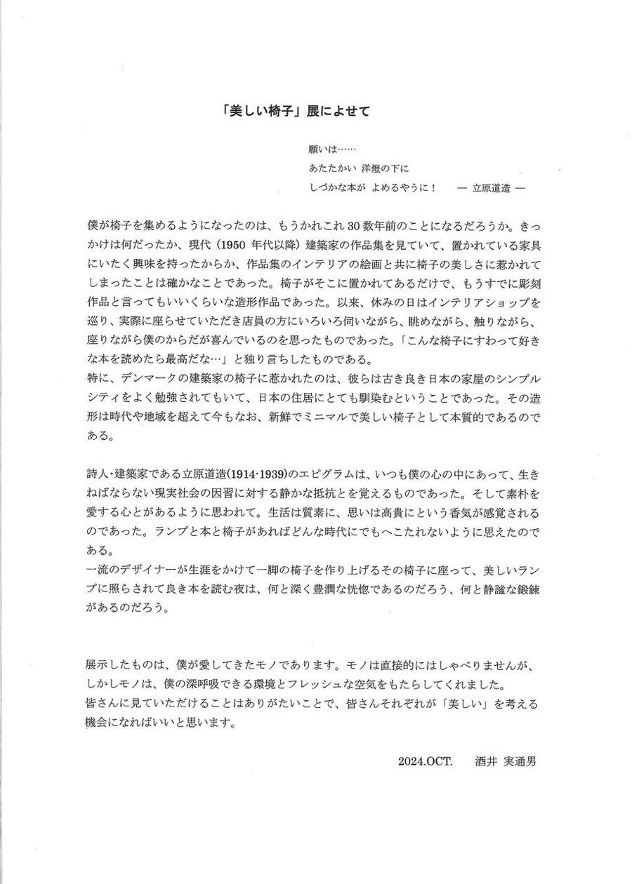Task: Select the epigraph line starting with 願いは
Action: [x=333, y=149]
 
